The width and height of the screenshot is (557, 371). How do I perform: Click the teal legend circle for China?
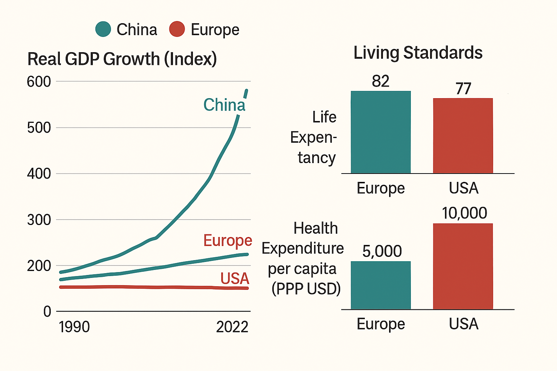pos(103,29)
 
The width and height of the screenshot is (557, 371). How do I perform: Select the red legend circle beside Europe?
pos(177,29)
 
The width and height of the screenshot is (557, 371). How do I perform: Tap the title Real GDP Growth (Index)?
pos(122,59)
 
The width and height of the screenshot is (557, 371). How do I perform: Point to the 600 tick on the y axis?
pos(39,82)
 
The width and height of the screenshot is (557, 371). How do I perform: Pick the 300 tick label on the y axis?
pos(39,220)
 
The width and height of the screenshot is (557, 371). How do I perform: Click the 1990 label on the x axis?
pos(74,327)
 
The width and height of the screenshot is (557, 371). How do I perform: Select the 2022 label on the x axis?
pos(232,327)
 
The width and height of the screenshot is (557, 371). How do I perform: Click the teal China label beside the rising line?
pos(224,105)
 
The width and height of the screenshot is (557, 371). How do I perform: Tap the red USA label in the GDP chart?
pos(235,279)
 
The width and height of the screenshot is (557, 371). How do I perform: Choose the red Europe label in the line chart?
pos(227,241)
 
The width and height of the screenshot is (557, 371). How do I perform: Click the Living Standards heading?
pos(418,53)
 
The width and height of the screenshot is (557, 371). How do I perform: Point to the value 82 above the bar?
pos(380,81)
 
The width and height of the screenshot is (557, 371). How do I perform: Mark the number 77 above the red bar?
pos(463,89)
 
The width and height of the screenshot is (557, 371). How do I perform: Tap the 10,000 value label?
pos(464,213)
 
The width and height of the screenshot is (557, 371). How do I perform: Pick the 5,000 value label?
pos(382,251)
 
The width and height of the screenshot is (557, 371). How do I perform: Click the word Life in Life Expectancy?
pos(324,117)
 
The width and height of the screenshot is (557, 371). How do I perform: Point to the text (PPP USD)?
pos(306,289)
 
